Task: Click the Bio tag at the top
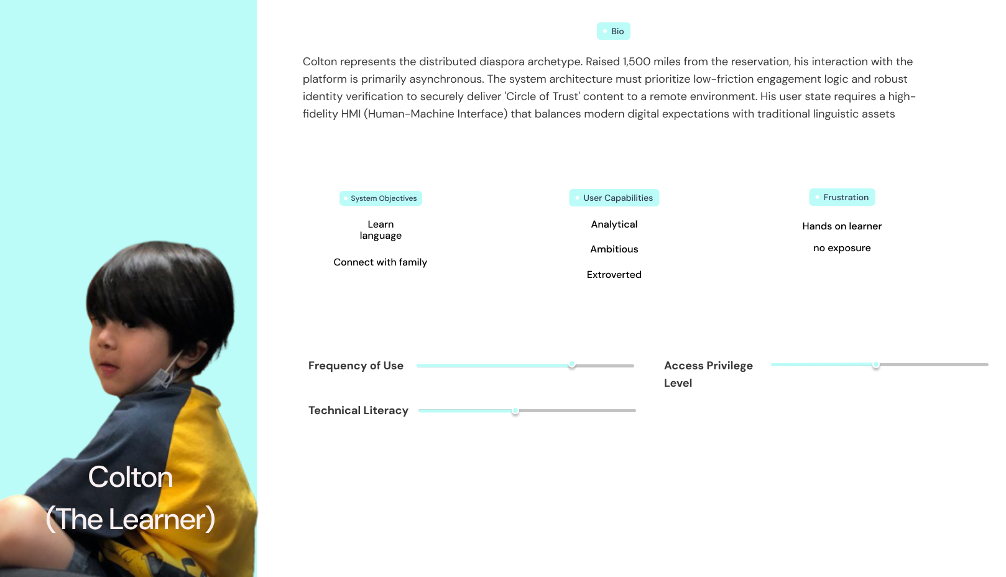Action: click(x=614, y=31)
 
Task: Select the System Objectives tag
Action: click(x=381, y=198)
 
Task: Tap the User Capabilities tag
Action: click(x=614, y=198)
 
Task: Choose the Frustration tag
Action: click(x=842, y=197)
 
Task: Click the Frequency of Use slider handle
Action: click(x=572, y=365)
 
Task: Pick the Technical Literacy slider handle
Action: click(x=515, y=411)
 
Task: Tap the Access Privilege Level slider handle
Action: click(x=876, y=365)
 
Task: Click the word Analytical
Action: click(x=614, y=224)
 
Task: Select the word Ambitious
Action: click(x=614, y=249)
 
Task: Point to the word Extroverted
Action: click(x=614, y=275)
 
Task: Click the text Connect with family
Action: click(x=381, y=262)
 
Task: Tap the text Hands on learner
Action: click(x=842, y=226)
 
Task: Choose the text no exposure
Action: click(x=842, y=248)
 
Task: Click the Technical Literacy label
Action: click(x=358, y=410)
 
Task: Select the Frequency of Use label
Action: click(x=356, y=366)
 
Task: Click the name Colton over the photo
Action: click(x=131, y=478)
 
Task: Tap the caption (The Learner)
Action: click(x=131, y=519)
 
